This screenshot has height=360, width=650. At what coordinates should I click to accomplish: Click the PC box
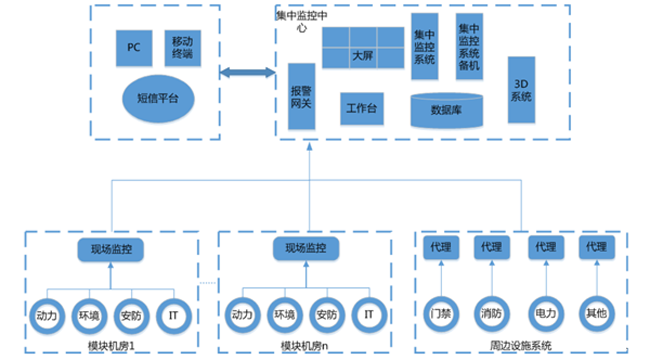coord(134,46)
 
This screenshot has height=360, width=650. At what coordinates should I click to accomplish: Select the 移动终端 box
coord(182,45)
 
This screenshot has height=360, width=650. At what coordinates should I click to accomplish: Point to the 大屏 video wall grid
coord(361,56)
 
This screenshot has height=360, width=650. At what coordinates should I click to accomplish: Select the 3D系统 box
coord(521,90)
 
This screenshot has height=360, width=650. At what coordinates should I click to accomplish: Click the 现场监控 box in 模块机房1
coord(111,249)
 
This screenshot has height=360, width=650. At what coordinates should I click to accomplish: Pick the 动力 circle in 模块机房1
coord(47,313)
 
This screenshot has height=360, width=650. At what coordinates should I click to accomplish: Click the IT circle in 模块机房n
coord(368,313)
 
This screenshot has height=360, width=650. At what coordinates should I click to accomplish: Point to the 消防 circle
coord(491,311)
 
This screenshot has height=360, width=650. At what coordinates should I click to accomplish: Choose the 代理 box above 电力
coord(545,247)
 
